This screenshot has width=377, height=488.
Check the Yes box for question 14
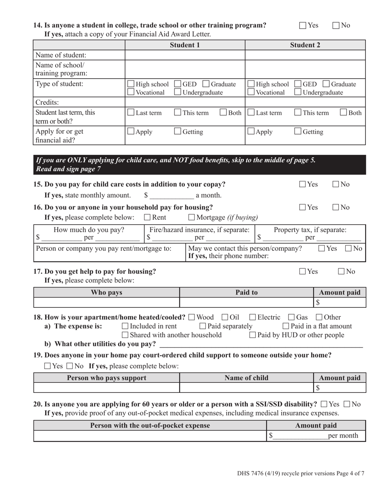tap(303, 26)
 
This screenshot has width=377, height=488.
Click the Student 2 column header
tap(305, 45)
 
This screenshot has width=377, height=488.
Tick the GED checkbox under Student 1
tap(178, 84)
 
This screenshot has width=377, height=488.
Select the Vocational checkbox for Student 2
tap(251, 92)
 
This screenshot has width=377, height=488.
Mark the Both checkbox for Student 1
tap(223, 113)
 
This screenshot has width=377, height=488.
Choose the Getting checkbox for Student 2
tap(298, 132)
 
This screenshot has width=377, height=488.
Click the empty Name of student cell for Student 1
tap(185, 55)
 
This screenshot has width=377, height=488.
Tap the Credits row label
tap(47, 102)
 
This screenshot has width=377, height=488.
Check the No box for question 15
tap(336, 184)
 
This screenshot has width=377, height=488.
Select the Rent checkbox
tap(147, 217)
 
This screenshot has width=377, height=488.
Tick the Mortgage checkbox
tap(191, 217)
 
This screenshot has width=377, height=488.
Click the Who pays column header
tap(106, 292)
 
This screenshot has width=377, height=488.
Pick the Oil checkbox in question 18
tap(225, 317)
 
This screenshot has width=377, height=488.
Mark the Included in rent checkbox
tap(125, 326)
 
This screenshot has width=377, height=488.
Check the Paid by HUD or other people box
tap(252, 335)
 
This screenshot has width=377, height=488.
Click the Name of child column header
tap(246, 378)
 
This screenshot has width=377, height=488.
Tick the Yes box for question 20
tap(324, 404)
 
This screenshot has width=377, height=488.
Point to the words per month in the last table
tap(343, 436)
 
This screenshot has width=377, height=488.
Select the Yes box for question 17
tap(303, 272)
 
